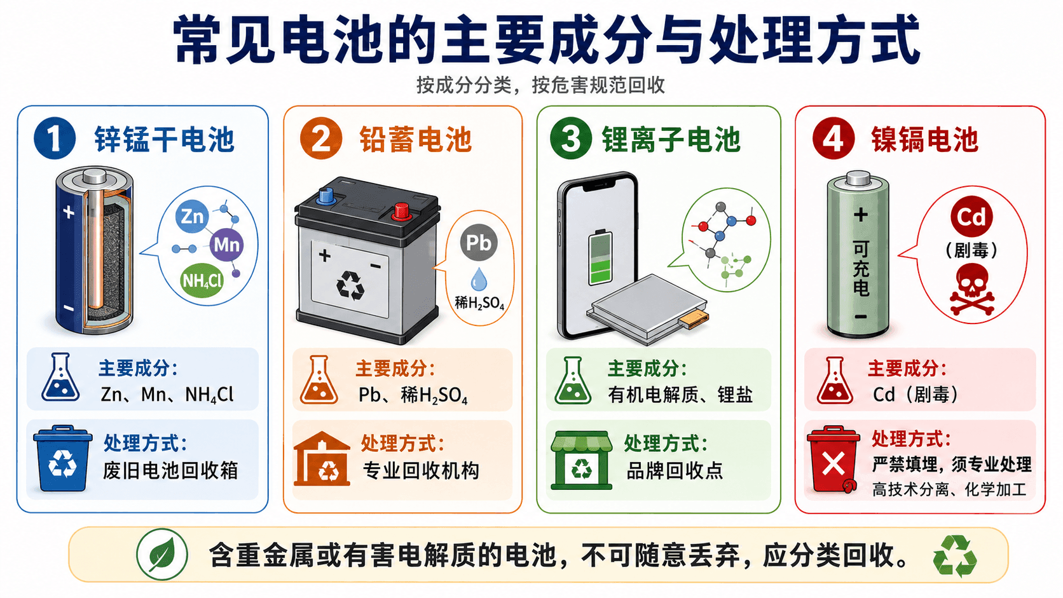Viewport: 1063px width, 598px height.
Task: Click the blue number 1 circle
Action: pos(55,139)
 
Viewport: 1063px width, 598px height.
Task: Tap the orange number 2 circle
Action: pos(321,139)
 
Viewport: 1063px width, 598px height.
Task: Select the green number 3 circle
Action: pos(571,139)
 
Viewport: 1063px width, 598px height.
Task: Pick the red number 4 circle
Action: pos(833,139)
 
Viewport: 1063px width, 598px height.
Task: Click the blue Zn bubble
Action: pos(192,216)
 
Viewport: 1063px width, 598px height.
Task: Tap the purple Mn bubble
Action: pos(227,245)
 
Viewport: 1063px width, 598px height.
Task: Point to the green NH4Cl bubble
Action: pos(202,281)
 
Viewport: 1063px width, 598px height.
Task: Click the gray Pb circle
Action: pos(479,243)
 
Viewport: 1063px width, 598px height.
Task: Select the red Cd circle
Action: pos(971,217)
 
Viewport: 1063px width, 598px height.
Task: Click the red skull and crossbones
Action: pos(972,290)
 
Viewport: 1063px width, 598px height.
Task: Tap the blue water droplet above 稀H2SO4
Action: pos(479,279)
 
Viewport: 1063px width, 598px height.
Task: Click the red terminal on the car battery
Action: pos(401,212)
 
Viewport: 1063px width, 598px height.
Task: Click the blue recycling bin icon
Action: pos(62,458)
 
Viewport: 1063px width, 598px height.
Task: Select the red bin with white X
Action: pos(833,460)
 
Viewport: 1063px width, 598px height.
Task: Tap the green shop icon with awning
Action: pos(581,460)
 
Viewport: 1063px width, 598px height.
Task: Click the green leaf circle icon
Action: pos(162,554)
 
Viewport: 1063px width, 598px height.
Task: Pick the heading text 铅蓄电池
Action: pos(416,139)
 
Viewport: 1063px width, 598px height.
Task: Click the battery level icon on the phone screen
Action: pos(600,257)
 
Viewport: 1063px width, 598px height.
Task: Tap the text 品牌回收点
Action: pos(675,470)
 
